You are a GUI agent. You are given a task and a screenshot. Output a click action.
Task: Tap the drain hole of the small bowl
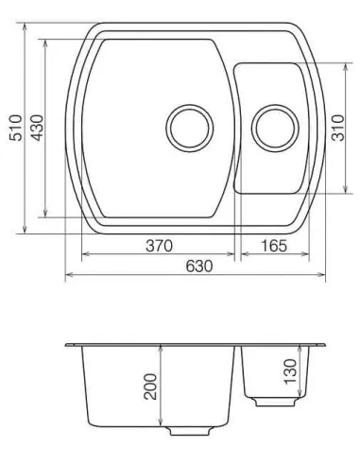(273, 126)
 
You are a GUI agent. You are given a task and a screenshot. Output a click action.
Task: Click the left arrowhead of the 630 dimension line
(68, 277)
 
